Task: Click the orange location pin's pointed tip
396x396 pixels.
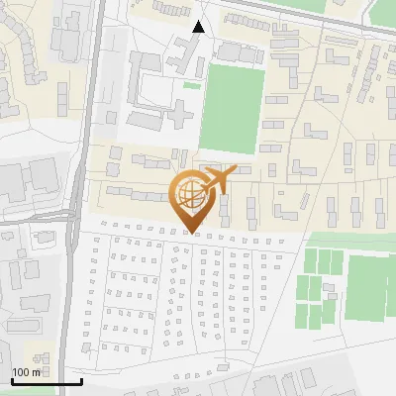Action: click(x=191, y=234)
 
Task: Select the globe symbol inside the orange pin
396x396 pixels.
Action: click(x=191, y=196)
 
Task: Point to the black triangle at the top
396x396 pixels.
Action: click(x=199, y=27)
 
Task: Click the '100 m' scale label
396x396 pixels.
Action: click(x=26, y=372)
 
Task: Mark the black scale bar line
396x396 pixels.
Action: click(x=47, y=381)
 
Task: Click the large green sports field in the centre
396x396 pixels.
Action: click(x=232, y=109)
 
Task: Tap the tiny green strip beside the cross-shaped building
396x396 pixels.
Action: click(x=191, y=85)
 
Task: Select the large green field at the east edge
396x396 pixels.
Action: click(x=370, y=287)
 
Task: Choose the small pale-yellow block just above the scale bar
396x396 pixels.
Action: click(x=40, y=354)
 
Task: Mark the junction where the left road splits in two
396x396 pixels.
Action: click(x=73, y=213)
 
